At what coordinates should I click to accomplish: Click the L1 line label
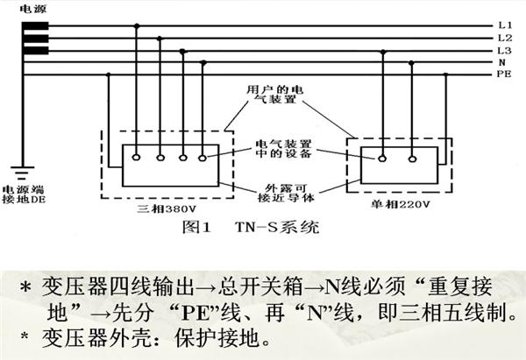tap(505, 25)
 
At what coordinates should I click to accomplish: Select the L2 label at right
tap(505, 38)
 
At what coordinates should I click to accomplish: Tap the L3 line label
tap(505, 51)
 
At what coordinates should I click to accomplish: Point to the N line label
tap(501, 62)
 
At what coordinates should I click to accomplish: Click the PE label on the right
tap(504, 74)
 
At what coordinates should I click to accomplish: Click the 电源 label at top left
tap(32, 9)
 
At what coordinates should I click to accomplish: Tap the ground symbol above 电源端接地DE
tap(23, 173)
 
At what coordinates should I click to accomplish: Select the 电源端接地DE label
tap(24, 194)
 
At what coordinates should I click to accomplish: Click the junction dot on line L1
tap(136, 25)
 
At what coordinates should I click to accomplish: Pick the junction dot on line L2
tap(160, 39)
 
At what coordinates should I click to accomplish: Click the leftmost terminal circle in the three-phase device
tap(136, 157)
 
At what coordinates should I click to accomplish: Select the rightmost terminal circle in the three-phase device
tap(203, 158)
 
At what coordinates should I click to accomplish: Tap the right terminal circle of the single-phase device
tap(412, 159)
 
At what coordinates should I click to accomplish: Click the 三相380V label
tap(167, 209)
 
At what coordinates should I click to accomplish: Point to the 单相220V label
tap(400, 204)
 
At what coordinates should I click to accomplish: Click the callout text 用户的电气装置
tap(274, 95)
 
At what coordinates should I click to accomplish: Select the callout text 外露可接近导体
tap(286, 193)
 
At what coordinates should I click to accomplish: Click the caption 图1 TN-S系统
tap(250, 227)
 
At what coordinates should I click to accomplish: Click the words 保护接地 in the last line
tap(217, 338)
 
